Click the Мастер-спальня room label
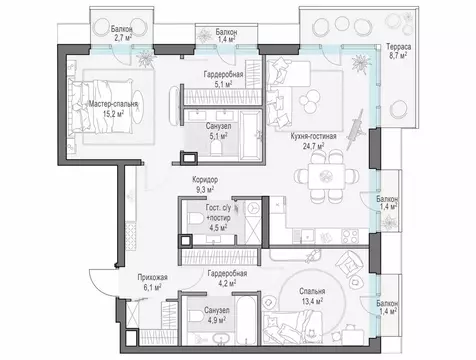pyautogui.click(x=113, y=104)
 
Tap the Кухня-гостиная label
pyautogui.click(x=313, y=136)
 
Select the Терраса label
pyautogui.click(x=398, y=47)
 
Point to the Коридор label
pyautogui.click(x=205, y=180)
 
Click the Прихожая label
pyautogui.click(x=152, y=277)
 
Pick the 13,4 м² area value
pyautogui.click(x=311, y=301)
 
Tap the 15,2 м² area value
pyautogui.click(x=113, y=114)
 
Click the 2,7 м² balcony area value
pyautogui.click(x=122, y=37)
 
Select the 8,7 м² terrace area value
pyautogui.click(x=398, y=56)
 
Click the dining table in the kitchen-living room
pyautogui.click(x=326, y=176)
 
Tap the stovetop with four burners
pyautogui.click(x=350, y=236)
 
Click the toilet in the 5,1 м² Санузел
pyautogui.click(x=217, y=148)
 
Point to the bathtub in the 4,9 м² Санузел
pyautogui.click(x=246, y=320)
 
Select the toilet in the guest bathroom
pyautogui.click(x=197, y=219)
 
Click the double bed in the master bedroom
pyautogui.click(x=102, y=106)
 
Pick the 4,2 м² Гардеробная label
pyautogui.click(x=227, y=278)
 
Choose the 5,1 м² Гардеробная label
pyautogui.click(x=223, y=79)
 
